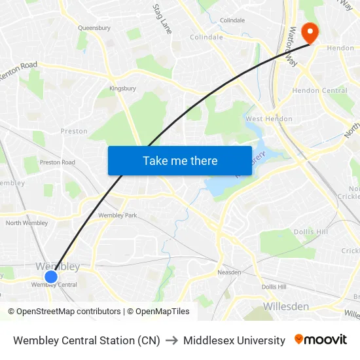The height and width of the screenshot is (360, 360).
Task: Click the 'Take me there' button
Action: coord(180,160)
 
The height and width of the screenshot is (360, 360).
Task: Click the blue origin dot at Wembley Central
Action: coord(51,276)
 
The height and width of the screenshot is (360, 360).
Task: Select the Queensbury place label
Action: coord(94,28)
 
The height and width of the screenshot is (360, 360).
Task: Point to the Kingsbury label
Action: coord(122,88)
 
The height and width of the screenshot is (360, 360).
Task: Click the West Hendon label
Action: coord(269,119)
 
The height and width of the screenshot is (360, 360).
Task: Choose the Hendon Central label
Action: coord(319,90)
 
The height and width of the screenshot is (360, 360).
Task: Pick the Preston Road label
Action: coord(58,162)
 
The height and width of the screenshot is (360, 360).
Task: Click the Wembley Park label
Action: coord(118,215)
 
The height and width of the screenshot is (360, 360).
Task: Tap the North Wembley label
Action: coord(27,223)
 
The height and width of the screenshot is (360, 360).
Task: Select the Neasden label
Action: coord(230,272)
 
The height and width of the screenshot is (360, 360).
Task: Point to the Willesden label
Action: coord(286,306)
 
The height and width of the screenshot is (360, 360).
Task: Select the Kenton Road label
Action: coord(18,70)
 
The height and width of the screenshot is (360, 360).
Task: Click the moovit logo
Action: coord(321,340)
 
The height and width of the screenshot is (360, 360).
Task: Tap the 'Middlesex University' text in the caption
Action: coord(234,340)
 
